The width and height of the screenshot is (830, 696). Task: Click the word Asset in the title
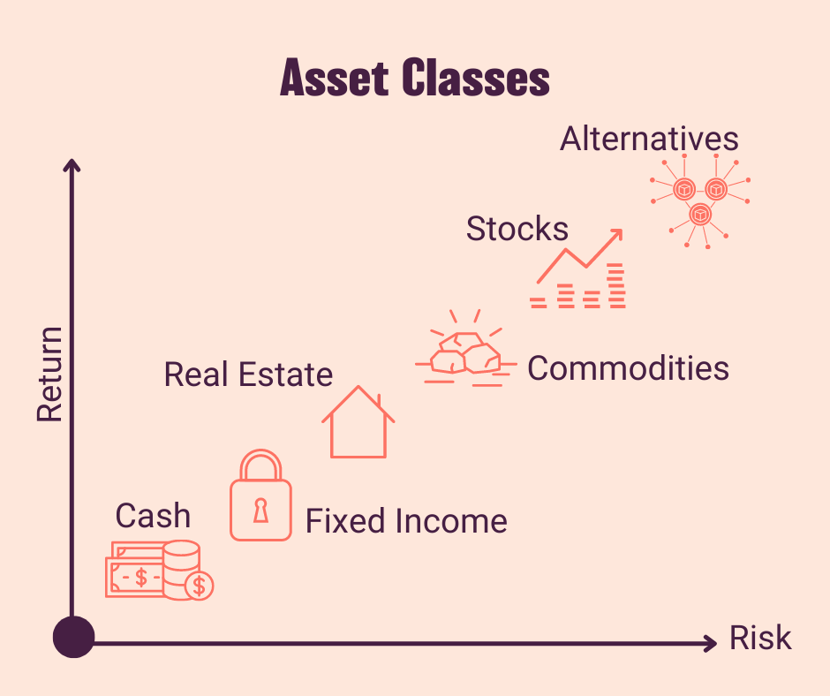pos(333,79)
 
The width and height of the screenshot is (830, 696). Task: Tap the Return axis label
pos(50,374)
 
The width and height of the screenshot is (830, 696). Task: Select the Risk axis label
pos(759,639)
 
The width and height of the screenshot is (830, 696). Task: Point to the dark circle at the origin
pos(73,637)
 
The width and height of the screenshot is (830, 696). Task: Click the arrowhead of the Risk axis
pos(711,643)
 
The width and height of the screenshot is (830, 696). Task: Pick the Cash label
pos(153,515)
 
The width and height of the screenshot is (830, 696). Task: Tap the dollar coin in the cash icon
pos(200,585)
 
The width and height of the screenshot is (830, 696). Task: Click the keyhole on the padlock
pos(260,510)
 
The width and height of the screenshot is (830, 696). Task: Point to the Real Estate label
pos(248,374)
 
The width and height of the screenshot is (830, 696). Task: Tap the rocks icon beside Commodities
pos(464,353)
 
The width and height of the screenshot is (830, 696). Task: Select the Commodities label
pos(628,367)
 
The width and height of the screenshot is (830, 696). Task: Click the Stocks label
pos(517,229)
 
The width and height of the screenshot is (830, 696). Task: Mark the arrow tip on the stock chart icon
pos(618,234)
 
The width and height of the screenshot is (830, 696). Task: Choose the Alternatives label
pos(649,139)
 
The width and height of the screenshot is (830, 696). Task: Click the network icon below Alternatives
pos(700,201)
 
